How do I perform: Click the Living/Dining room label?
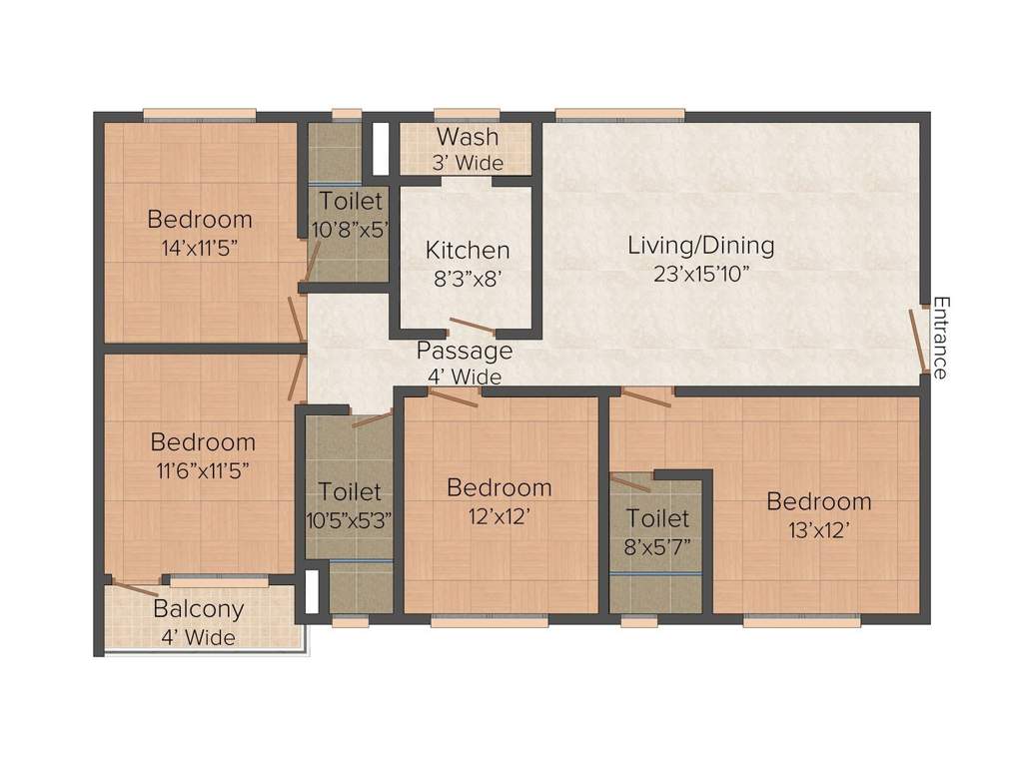(x=700, y=245)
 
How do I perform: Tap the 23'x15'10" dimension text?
(x=701, y=275)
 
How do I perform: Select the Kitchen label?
(x=467, y=250)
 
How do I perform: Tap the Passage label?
(x=464, y=351)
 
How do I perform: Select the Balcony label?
(x=198, y=609)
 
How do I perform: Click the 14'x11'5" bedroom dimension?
(x=199, y=247)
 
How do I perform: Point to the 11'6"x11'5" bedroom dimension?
(x=203, y=469)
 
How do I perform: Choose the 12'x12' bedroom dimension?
(x=499, y=516)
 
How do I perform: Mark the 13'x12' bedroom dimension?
(x=818, y=530)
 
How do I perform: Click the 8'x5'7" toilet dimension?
(x=657, y=546)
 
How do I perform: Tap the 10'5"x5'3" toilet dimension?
(x=350, y=519)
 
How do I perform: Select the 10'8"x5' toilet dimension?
(x=350, y=230)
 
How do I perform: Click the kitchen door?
(x=472, y=325)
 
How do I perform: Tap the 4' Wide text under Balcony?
(x=198, y=637)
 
